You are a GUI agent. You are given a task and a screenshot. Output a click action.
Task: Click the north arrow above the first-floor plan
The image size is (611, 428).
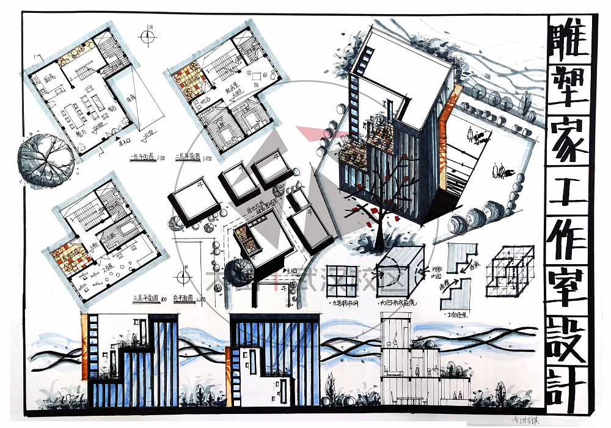148,35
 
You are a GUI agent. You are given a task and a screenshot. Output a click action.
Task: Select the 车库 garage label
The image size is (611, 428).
130,97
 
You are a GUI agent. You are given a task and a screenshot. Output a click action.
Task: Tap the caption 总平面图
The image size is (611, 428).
184,298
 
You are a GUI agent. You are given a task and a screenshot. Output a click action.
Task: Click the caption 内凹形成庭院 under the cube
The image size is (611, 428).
397,301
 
